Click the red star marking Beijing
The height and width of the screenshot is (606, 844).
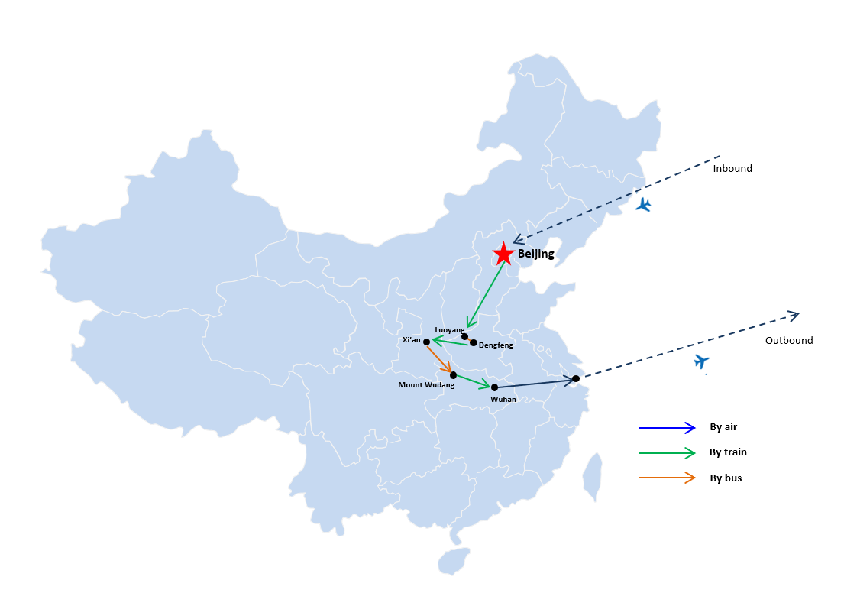tap(503, 254)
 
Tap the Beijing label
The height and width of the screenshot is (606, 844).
tap(535, 254)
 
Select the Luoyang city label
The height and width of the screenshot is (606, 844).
tap(449, 329)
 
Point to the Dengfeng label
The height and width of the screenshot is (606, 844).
tap(496, 345)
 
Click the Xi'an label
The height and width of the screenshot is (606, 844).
tap(411, 340)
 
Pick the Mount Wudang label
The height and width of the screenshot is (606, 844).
tap(426, 384)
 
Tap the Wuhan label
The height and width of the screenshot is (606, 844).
tap(503, 399)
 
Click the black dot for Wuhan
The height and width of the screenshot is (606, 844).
tap(495, 387)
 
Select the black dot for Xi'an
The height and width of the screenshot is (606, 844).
tap(426, 342)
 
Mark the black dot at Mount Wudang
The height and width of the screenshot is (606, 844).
tap(453, 375)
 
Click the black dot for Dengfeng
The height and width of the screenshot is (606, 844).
tap(473, 342)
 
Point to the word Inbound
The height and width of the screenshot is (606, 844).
tap(732, 169)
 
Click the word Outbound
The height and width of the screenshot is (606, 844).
tap(789, 340)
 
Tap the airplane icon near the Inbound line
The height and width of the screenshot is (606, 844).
tap(643, 205)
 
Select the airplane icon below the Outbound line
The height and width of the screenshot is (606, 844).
tap(701, 361)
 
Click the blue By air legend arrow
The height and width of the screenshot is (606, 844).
tap(667, 428)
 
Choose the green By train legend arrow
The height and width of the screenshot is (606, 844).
tap(667, 453)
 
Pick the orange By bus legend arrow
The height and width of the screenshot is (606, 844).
tap(667, 478)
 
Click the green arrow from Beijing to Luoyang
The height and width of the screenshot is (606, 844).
tap(486, 295)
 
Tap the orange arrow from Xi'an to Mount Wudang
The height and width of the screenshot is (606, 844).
tap(439, 358)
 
